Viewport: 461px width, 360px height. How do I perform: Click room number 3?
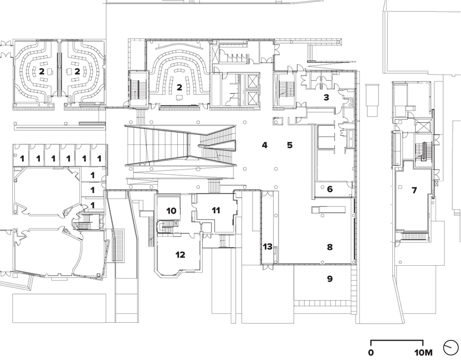point(326,97)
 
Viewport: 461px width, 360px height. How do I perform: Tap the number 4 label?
point(264,145)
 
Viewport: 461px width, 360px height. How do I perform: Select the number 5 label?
point(289,145)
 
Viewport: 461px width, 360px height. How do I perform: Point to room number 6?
point(330,189)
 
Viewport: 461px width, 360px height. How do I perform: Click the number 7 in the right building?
point(414,190)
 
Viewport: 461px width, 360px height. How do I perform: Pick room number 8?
point(330,247)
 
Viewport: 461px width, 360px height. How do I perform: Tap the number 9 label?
point(330,279)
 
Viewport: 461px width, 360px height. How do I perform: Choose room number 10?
point(171,210)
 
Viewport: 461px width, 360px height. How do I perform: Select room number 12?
point(180,255)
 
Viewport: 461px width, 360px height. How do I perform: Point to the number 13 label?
point(267,247)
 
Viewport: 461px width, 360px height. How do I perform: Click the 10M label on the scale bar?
point(424,352)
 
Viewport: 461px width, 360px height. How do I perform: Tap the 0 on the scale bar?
point(370,352)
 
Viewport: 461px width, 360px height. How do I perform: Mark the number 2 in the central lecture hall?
point(179,88)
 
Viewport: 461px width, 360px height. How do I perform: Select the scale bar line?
point(396,341)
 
